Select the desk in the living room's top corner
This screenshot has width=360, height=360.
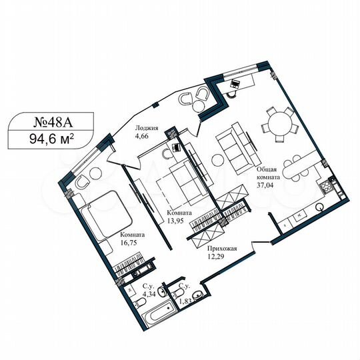[x=240, y=83]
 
